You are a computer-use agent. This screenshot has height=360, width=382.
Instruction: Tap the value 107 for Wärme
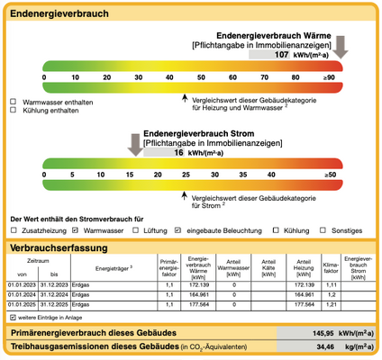[281, 55]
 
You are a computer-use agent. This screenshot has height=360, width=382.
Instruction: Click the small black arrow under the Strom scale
[186, 192]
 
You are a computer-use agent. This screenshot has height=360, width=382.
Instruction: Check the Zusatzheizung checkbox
[13, 230]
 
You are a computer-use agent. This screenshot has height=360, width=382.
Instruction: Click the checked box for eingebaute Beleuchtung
[178, 230]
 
